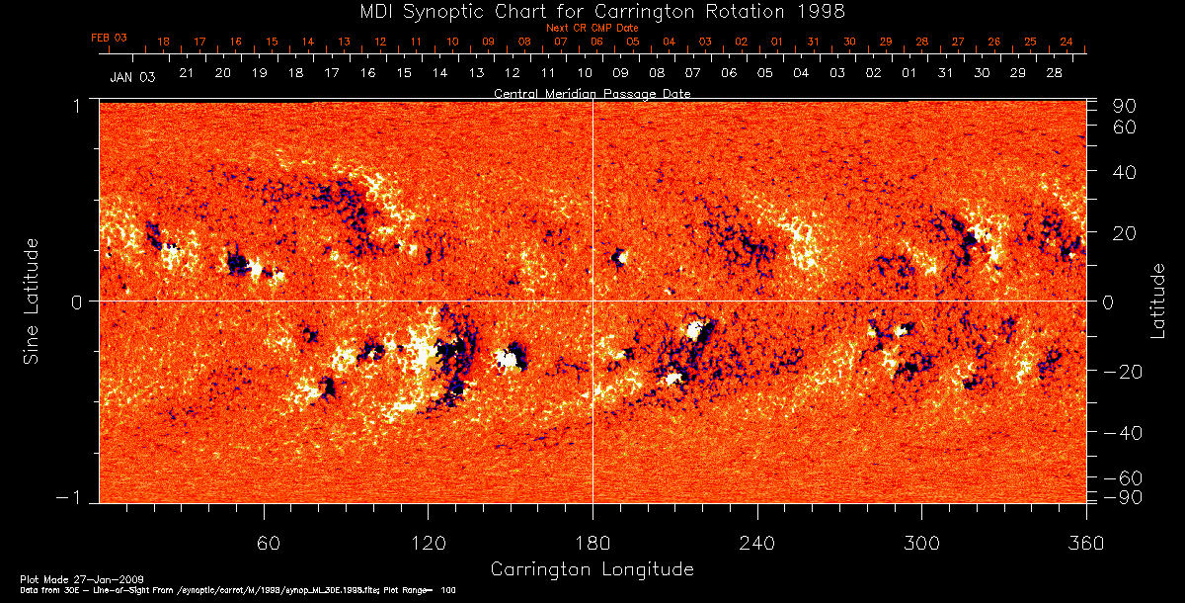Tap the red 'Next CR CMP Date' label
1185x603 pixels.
pyautogui.click(x=592, y=28)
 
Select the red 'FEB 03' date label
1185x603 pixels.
pyautogui.click(x=109, y=38)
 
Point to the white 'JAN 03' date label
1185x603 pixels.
pyautogui.click(x=132, y=76)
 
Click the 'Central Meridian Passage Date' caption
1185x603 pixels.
pyautogui.click(x=592, y=93)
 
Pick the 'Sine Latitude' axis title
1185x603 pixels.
pyautogui.click(x=33, y=300)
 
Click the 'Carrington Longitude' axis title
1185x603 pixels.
pyautogui.click(x=592, y=569)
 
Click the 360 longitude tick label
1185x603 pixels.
pyautogui.click(x=1085, y=544)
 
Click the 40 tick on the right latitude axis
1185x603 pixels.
pyautogui.click(x=1124, y=171)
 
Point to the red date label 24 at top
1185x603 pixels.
pyautogui.click(x=1066, y=42)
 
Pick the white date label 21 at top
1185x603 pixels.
pyautogui.click(x=186, y=74)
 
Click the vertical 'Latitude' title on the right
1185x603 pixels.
pyautogui.click(x=1159, y=300)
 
